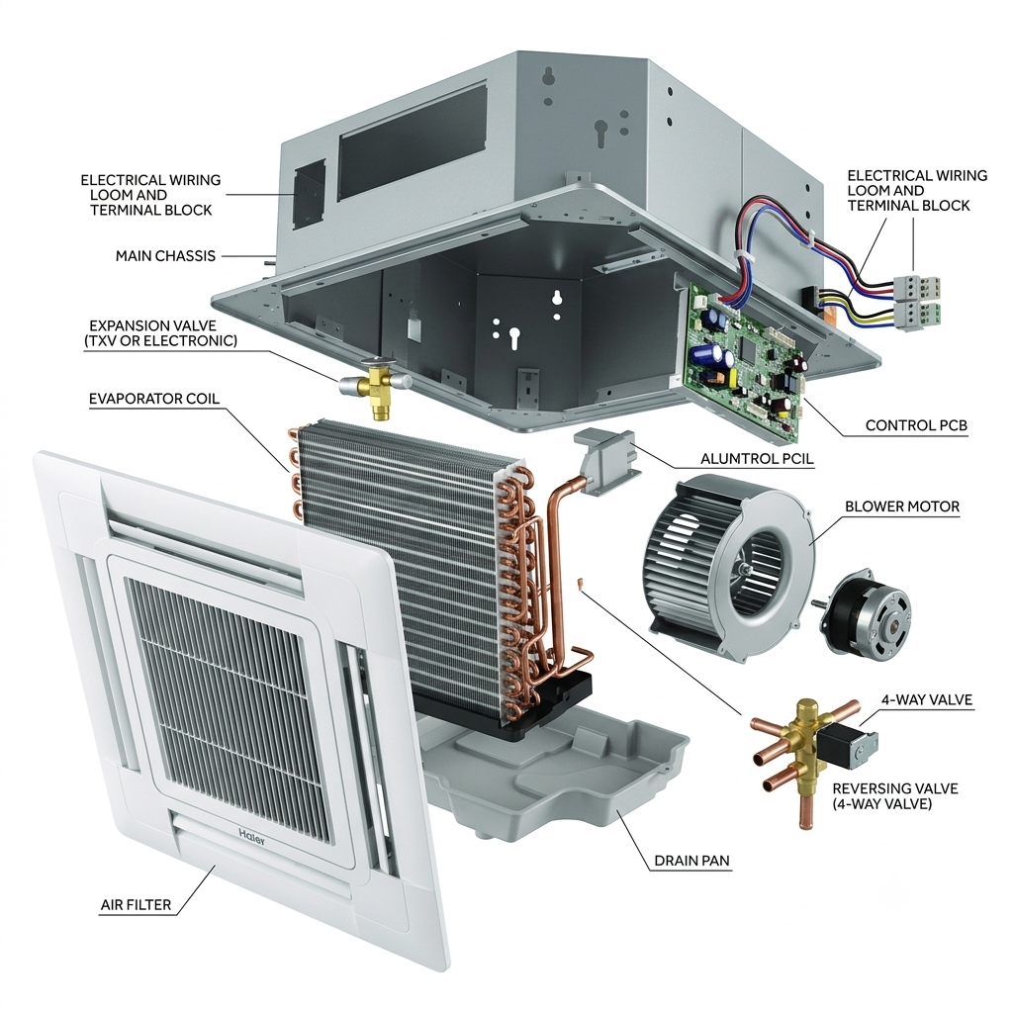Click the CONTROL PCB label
916,425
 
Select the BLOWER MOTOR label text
902,506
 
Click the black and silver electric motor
866,611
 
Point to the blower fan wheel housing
730,565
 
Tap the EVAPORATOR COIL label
154,399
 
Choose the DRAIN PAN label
691,861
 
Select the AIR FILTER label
136,905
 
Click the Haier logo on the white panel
251,835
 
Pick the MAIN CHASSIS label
165,256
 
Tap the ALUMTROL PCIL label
757,459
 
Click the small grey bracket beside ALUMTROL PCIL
606,459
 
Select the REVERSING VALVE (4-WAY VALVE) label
894,796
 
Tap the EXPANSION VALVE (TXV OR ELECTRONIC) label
160,332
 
